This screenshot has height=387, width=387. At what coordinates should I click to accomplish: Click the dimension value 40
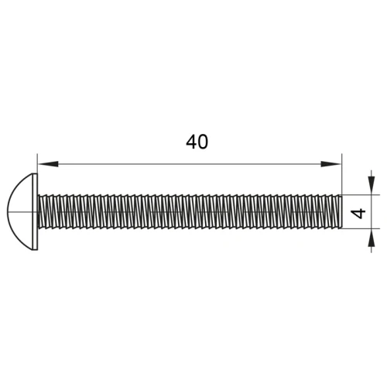197,142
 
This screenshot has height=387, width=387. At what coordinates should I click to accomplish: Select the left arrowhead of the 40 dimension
48,164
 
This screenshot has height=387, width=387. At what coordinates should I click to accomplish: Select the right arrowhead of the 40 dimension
331,164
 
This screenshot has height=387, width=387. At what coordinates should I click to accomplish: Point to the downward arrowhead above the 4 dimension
372,184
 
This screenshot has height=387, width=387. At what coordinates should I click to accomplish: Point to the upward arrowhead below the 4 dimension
372,238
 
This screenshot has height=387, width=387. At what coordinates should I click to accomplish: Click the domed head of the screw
20,212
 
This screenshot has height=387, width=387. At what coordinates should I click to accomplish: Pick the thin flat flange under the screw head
36,212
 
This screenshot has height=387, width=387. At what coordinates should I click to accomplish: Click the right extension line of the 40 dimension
341,174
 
